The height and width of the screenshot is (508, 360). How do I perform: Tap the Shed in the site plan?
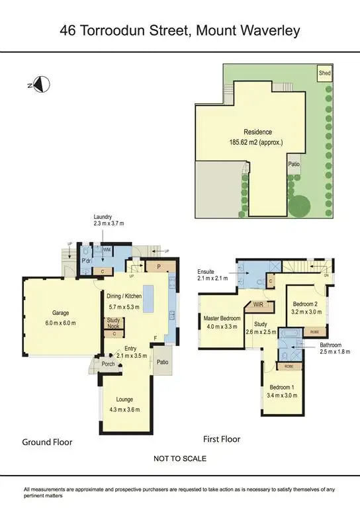(324, 72)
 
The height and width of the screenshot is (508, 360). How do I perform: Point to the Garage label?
(60, 317)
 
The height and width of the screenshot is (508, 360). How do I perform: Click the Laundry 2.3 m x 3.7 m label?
(108, 220)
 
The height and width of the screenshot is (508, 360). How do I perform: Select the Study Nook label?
(114, 323)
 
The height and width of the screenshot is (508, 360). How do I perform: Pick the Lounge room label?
(124, 403)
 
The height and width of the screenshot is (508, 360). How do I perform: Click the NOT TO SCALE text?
(179, 458)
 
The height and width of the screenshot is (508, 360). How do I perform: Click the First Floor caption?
(221, 439)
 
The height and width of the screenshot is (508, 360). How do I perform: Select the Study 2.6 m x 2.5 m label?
(257, 328)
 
